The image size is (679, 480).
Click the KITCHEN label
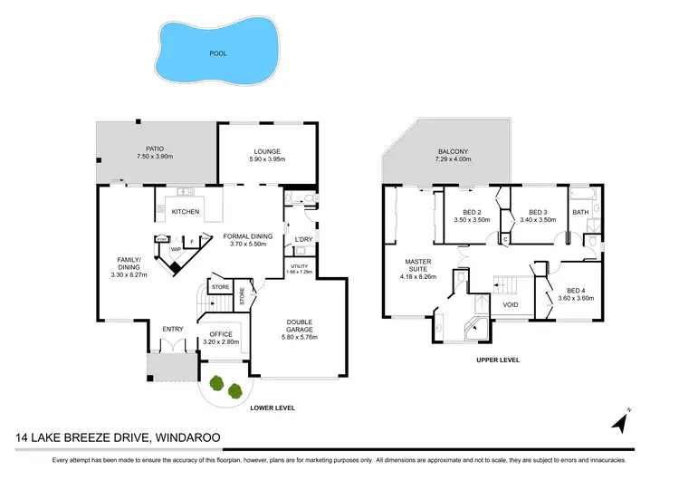pos(186,212)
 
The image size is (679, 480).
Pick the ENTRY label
pos(172,329)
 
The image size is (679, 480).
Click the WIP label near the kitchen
pos(177,248)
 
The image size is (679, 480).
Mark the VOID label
pos(511,305)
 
